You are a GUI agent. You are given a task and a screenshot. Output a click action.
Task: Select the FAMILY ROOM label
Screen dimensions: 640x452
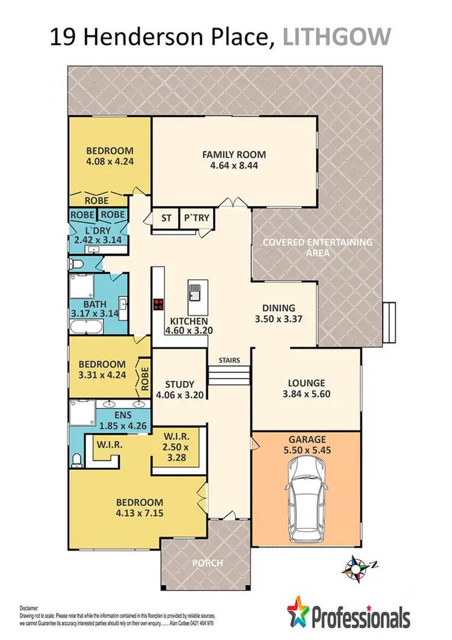pyautogui.click(x=234, y=154)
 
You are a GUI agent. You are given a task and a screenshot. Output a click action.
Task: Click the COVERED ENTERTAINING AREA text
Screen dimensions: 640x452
pyautogui.click(x=318, y=247)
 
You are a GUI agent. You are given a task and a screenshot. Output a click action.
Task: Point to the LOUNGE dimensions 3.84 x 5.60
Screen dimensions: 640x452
pyautogui.click(x=306, y=394)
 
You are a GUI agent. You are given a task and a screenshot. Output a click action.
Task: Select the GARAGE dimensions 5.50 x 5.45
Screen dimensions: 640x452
pyautogui.click(x=306, y=450)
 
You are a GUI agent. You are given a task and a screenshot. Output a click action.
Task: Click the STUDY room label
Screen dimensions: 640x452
pyautogui.click(x=180, y=384)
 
